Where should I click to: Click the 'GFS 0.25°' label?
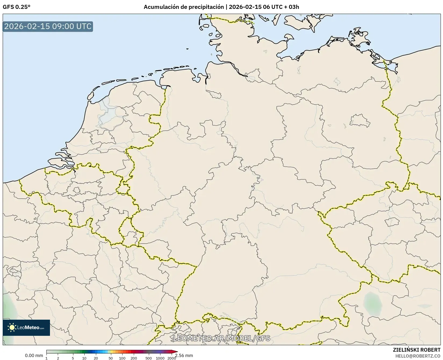pos(16,7)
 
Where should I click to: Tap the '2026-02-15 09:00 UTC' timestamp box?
pos(48,26)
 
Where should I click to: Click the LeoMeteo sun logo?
pos(12,327)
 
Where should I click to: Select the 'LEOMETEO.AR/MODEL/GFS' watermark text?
pos(222,338)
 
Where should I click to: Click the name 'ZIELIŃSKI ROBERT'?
pos(416,350)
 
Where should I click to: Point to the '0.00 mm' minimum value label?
pos(34,355)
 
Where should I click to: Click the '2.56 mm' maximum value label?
pos(184,355)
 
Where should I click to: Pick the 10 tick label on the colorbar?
pos(84,358)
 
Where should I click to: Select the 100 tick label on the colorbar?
pos(122,358)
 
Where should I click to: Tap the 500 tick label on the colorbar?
pos(149,358)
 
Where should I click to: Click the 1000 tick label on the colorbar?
pos(160,358)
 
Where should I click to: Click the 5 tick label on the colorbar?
pos(73,358)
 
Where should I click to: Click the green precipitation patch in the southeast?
pos(373,304)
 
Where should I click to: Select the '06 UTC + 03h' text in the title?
pos(281,7)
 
